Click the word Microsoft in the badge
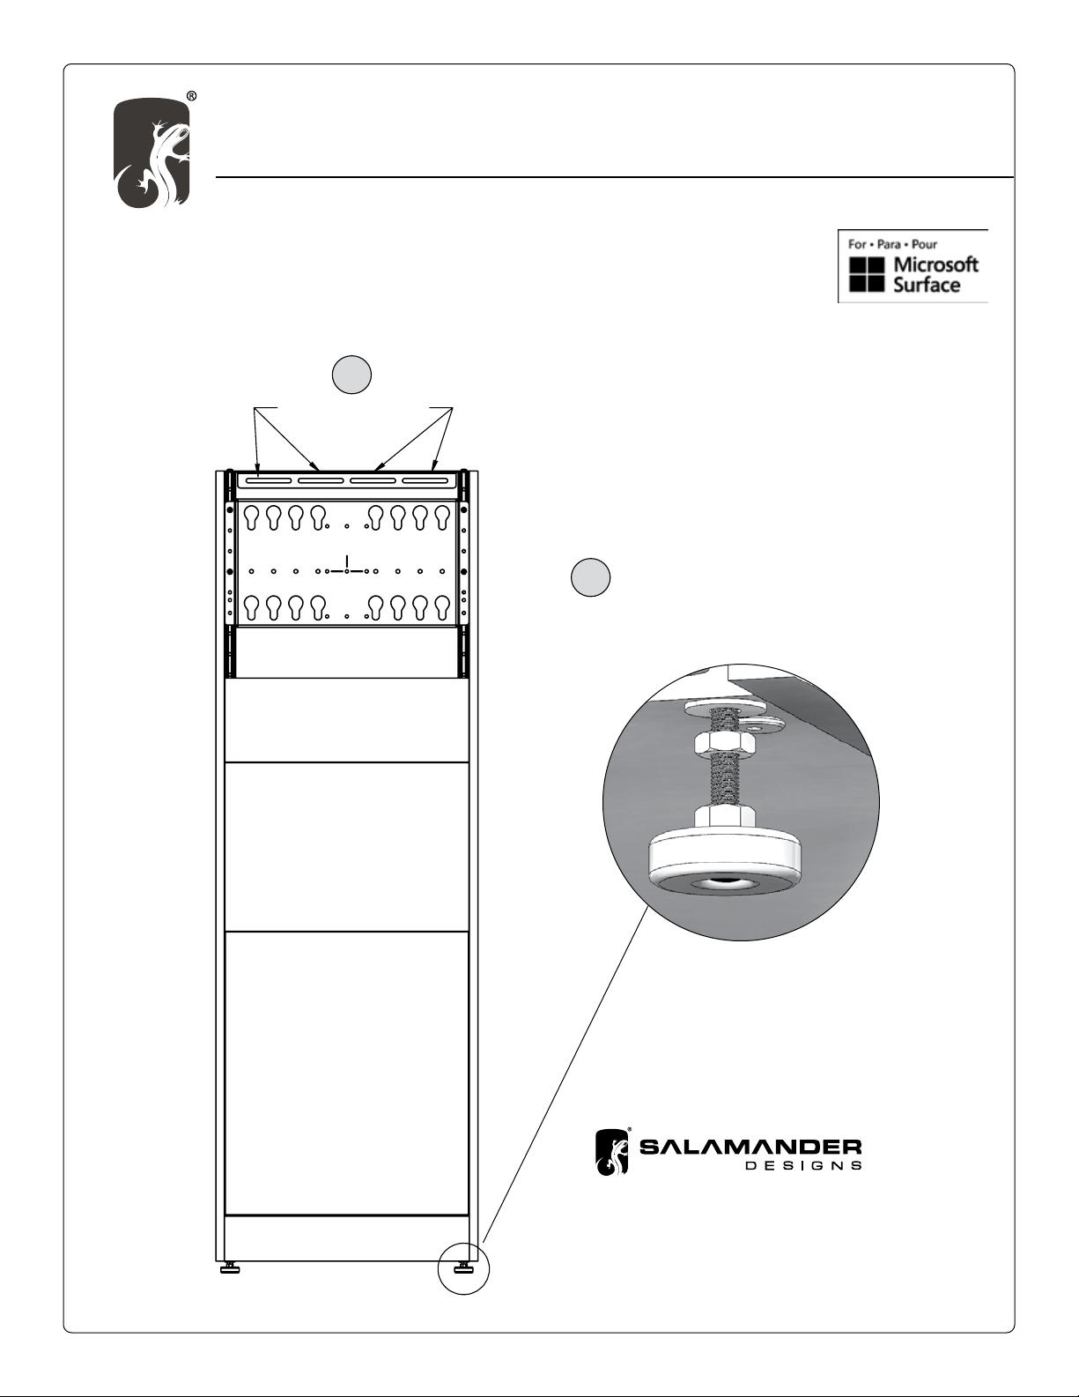pyautogui.click(x=935, y=264)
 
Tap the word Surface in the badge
pyautogui.click(x=926, y=285)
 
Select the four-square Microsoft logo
pyautogui.click(x=867, y=274)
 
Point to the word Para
pyautogui.click(x=889, y=244)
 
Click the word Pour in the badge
pyautogui.click(x=924, y=244)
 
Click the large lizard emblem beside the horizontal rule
pyautogui.click(x=152, y=153)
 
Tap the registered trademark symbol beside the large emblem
pyautogui.click(x=191, y=96)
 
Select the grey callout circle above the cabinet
pyautogui.click(x=351, y=375)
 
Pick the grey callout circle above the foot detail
pyautogui.click(x=590, y=577)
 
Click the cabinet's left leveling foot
pyautogui.click(x=230, y=1267)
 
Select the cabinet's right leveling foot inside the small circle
pyautogui.click(x=463, y=1267)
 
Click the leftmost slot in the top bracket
pyautogui.click(x=265, y=480)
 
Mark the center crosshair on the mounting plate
pyautogui.click(x=347, y=570)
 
